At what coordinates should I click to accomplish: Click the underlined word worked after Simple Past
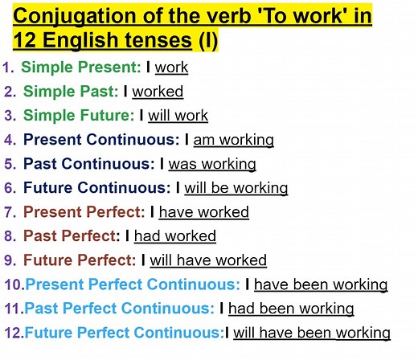click(158, 92)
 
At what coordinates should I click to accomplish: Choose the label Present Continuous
click(101, 140)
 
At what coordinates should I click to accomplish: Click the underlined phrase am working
click(233, 141)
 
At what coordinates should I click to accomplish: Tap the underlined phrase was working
click(212, 165)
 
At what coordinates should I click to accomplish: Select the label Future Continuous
click(97, 188)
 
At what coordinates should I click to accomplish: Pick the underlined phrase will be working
click(236, 189)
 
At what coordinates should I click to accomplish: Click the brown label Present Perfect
click(84, 212)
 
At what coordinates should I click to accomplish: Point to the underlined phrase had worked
click(174, 236)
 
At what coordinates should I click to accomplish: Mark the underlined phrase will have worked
click(208, 260)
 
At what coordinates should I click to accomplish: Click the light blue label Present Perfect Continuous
click(133, 284)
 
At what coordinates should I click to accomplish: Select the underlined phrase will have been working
click(312, 333)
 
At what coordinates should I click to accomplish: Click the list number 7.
click(10, 213)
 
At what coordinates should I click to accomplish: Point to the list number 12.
click(12, 333)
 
